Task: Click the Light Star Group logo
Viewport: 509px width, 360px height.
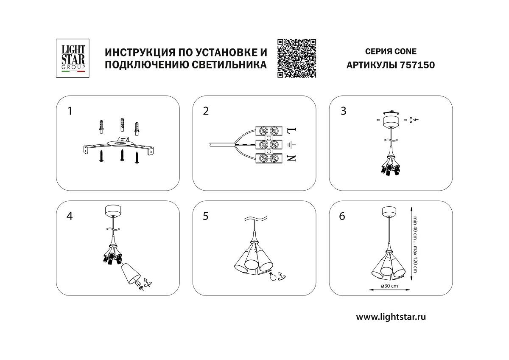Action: (71, 58)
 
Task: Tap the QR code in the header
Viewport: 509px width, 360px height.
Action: (297, 58)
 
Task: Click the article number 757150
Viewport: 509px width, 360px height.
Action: (417, 65)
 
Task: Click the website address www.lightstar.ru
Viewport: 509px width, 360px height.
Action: (391, 316)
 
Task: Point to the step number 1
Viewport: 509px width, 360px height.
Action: (70, 111)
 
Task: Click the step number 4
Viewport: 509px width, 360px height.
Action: (70, 216)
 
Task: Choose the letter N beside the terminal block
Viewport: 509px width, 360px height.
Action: (292, 159)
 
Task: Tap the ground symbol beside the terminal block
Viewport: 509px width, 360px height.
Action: (292, 145)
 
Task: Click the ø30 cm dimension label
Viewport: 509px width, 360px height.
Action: (389, 286)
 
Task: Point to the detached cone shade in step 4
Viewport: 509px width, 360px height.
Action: (131, 274)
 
